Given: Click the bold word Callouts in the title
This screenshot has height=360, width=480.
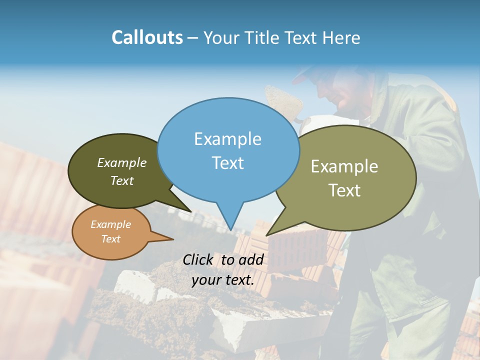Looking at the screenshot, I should pos(147,37).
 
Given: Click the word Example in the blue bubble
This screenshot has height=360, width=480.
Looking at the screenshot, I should pos(227,139).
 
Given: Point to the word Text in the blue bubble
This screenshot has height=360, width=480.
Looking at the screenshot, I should pos(227,162).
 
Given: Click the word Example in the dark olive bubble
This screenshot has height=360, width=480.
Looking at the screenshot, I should pos(122,162).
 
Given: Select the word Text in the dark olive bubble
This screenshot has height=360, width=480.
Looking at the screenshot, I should pos(122,180).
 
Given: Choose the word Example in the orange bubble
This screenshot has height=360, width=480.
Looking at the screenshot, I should pos(110,224).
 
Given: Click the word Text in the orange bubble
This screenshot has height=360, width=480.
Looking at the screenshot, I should pos(110,239).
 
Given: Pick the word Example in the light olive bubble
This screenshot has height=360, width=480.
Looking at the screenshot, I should pos(344,166).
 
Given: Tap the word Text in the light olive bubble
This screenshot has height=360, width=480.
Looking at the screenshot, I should pos(344,190).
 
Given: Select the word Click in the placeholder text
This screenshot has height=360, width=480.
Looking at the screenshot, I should pos(198,259).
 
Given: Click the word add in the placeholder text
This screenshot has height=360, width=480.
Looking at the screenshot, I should pos(251,259).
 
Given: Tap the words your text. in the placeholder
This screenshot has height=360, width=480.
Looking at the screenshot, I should pos(223,279).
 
